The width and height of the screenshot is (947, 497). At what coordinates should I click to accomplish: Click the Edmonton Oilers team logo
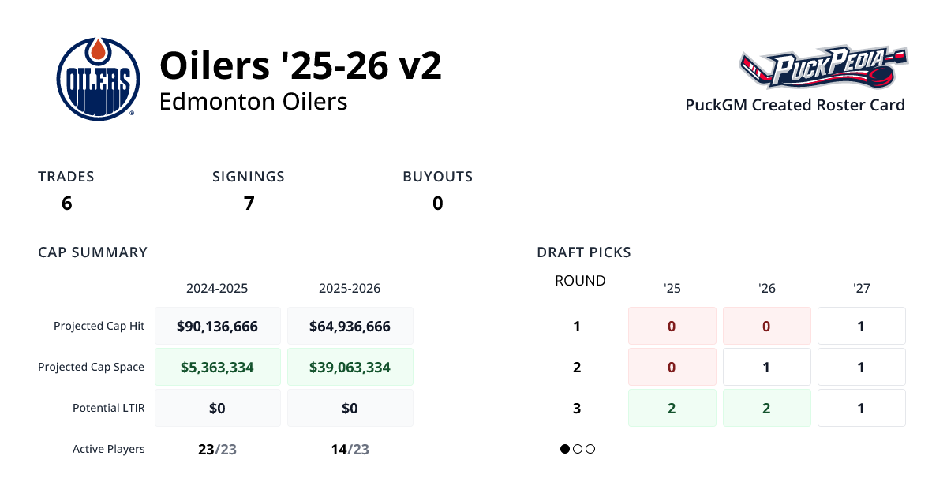(x=98, y=79)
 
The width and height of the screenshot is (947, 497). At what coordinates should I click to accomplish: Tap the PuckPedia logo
(x=823, y=67)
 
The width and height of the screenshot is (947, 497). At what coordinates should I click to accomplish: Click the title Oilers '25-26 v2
(x=300, y=65)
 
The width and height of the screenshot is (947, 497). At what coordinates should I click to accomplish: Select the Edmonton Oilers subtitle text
(x=253, y=102)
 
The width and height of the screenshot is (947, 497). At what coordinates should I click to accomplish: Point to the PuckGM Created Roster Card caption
(x=795, y=105)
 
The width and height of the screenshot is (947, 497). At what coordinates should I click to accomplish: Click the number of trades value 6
(x=66, y=204)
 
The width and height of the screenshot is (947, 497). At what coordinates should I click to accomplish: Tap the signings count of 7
(x=249, y=204)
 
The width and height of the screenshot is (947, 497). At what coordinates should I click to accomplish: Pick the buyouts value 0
(x=437, y=204)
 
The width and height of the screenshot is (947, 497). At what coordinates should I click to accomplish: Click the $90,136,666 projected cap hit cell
(x=217, y=326)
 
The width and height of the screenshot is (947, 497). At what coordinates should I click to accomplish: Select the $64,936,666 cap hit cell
(x=350, y=326)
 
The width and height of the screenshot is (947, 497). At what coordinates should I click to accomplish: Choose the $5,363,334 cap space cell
(x=217, y=367)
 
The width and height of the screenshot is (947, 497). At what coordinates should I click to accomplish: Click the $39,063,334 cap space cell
(x=350, y=367)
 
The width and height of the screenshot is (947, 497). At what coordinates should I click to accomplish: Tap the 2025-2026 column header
(x=350, y=289)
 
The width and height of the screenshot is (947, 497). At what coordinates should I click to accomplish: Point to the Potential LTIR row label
(x=108, y=408)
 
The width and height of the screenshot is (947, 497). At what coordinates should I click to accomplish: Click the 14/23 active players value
(x=350, y=450)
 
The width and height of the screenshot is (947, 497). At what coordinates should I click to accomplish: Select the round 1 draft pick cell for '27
(x=861, y=326)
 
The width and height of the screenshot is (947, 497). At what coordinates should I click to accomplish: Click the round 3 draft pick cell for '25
(x=672, y=408)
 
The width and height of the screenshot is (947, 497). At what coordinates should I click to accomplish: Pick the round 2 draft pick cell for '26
(x=766, y=367)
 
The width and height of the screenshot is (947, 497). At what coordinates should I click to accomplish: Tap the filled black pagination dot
(x=565, y=449)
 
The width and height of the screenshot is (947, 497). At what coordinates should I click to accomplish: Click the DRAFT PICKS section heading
(x=583, y=252)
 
